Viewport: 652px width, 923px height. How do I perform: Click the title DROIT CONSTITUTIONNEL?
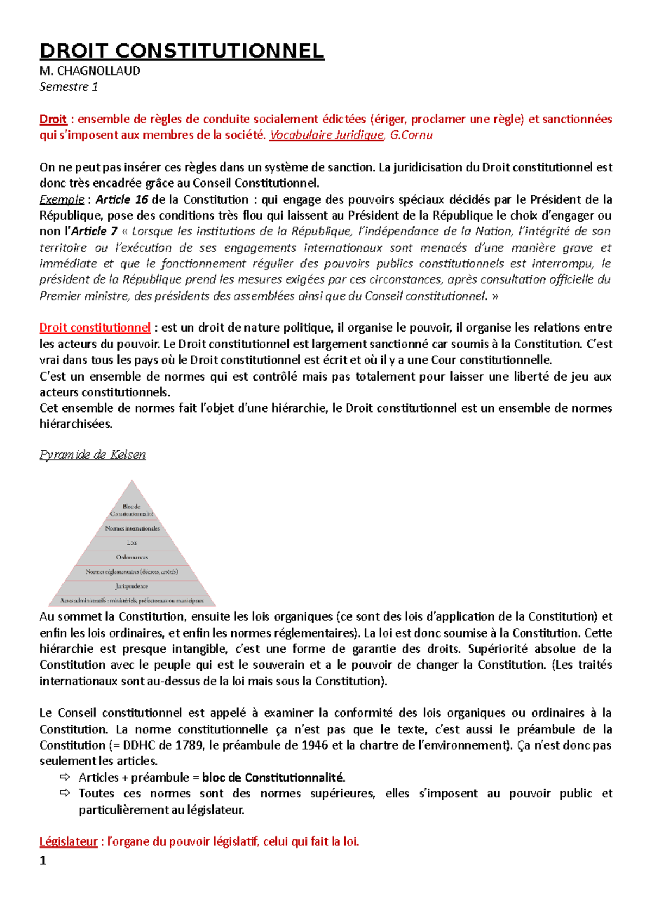coord(181,51)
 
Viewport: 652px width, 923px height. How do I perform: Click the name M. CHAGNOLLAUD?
coord(90,71)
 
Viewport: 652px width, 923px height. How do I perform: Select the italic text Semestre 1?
coord(68,87)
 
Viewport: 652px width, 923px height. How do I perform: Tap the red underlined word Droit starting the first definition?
coord(53,119)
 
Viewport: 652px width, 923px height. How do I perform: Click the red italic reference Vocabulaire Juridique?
coord(327,135)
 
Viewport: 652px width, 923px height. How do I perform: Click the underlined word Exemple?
coord(61,199)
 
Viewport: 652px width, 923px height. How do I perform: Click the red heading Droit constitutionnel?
coord(95,328)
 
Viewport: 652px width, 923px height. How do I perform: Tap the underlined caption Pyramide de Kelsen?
coord(92,454)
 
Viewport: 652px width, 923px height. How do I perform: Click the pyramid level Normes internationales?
coord(132,528)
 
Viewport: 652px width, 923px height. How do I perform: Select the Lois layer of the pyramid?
coord(132,542)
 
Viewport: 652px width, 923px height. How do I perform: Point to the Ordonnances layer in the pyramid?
coord(131,557)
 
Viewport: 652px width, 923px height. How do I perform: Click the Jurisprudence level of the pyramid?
coord(131,587)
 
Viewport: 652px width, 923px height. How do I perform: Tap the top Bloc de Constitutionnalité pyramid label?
coord(131,510)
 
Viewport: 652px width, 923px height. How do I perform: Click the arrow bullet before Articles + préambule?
coord(65,777)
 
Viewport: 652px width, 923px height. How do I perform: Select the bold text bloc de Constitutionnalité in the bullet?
coord(273,778)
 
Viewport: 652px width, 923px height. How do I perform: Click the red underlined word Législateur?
coord(68,842)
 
